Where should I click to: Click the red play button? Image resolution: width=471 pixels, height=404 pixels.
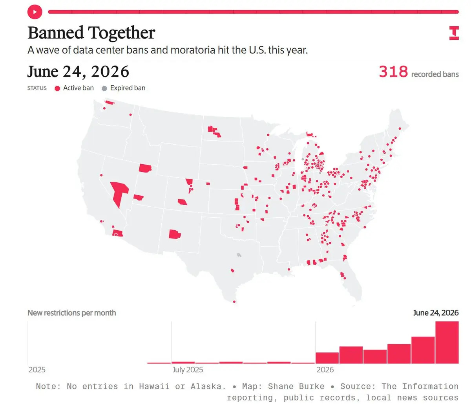click(35, 12)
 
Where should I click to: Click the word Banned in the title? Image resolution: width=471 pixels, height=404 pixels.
click(56, 33)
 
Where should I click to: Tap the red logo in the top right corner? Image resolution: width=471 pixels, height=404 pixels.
click(454, 33)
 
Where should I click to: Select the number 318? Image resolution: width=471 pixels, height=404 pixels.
click(393, 72)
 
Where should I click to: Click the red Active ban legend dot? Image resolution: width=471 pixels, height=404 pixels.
click(57, 88)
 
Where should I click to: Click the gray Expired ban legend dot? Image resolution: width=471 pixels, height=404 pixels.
click(104, 88)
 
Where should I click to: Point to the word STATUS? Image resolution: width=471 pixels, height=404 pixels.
click(37, 88)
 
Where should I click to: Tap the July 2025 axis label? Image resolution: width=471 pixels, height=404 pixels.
click(188, 370)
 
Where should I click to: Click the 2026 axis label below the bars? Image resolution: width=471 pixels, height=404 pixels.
click(325, 369)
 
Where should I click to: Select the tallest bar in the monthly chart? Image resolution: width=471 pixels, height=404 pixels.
click(447, 342)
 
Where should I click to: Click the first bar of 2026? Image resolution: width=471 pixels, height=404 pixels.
click(327, 358)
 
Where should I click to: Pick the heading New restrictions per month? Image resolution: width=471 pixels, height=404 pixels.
click(72, 313)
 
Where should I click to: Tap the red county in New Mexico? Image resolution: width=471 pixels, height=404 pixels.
click(175, 234)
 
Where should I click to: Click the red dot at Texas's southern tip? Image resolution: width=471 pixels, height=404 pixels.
click(234, 301)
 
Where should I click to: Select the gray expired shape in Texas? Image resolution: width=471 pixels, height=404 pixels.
click(239, 255)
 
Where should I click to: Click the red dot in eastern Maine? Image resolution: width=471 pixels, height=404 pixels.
click(400, 129)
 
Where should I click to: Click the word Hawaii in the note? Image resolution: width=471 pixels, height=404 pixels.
click(154, 386)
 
